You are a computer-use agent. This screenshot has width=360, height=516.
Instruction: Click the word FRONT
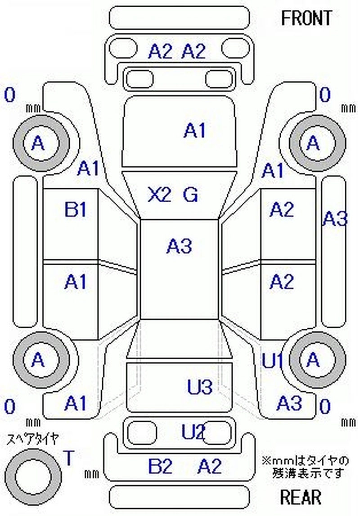[306, 18]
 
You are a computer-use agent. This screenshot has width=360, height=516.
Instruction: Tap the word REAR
[301, 497]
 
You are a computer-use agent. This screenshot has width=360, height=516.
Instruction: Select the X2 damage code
[160, 195]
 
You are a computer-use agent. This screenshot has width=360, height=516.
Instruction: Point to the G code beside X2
[191, 195]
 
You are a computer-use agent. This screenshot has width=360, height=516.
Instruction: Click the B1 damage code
[75, 210]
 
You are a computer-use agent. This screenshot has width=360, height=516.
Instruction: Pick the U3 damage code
[199, 387]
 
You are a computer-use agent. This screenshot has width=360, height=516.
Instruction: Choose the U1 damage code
[273, 360]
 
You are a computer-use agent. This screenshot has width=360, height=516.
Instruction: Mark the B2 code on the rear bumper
[160, 466]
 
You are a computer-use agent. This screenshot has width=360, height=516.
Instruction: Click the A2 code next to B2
[210, 466]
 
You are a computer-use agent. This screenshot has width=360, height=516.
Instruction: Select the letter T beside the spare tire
[69, 458]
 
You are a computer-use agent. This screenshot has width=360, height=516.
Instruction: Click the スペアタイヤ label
[32, 439]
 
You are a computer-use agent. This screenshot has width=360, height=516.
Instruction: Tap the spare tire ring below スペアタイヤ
[34, 477]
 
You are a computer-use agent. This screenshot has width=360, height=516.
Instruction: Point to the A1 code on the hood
[194, 131]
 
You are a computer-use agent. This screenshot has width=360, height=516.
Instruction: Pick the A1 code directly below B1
[75, 282]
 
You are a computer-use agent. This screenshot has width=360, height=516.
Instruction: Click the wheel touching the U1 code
[314, 359]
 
